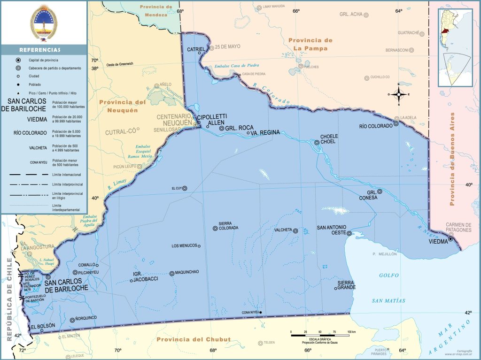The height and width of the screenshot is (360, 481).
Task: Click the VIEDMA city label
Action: pos(440,244)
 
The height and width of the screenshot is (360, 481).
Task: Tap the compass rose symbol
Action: pos(399,94)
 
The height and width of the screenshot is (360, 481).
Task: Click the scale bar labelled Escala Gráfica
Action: pos(319,335)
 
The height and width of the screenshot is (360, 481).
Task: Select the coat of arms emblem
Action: pos(43,23)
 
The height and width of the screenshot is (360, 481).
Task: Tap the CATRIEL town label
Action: pos(196,49)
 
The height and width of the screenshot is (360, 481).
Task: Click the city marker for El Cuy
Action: pos(185,188)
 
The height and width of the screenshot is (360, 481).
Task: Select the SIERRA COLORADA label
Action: pos(228,225)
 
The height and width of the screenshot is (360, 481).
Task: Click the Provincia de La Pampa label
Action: pos(310,44)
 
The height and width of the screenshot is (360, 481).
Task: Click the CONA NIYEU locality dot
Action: pos(260,313)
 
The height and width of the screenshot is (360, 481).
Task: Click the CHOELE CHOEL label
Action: pos(329,139)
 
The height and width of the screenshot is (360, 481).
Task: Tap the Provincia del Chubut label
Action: pos(194,339)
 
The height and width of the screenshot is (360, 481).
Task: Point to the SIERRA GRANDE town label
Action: pos(347,285)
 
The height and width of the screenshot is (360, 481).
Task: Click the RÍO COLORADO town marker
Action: pos(396,124)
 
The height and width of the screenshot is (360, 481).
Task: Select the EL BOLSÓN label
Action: pos(43,326)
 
